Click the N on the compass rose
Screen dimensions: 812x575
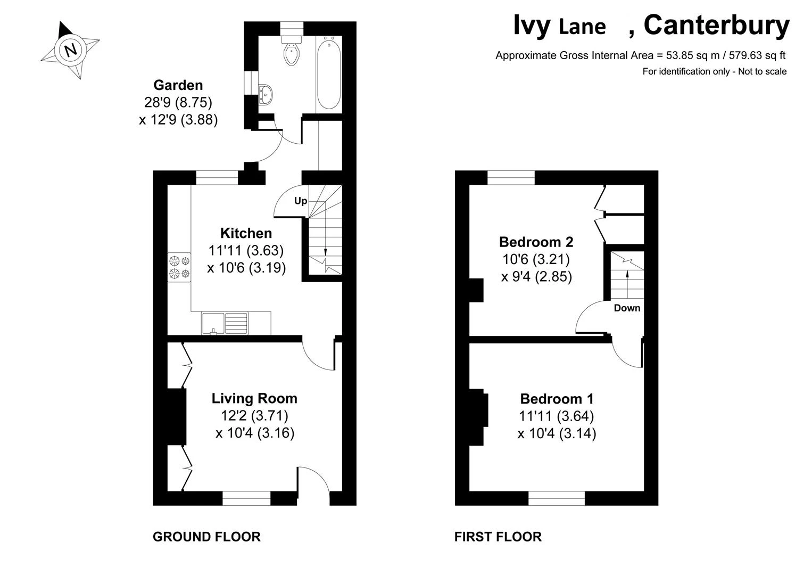[71, 50]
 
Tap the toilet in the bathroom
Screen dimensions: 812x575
[292, 51]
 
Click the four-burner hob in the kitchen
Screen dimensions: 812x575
[179, 267]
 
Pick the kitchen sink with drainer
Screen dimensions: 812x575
[225, 323]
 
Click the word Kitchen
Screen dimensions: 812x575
[246, 233]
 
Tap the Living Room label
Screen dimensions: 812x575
[254, 398]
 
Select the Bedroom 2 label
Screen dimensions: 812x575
[536, 242]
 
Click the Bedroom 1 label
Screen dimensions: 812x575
[557, 399]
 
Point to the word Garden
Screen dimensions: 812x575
[178, 85]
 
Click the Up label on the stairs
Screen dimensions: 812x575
[301, 201]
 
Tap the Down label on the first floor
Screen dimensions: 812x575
[627, 308]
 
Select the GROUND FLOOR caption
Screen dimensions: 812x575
[206, 537]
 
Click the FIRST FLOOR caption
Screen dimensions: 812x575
[498, 537]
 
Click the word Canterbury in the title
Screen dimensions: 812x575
[716, 26]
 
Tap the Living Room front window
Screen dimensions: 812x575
[246, 498]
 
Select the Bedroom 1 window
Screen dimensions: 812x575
[557, 498]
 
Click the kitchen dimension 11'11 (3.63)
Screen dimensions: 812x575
[246, 251]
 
